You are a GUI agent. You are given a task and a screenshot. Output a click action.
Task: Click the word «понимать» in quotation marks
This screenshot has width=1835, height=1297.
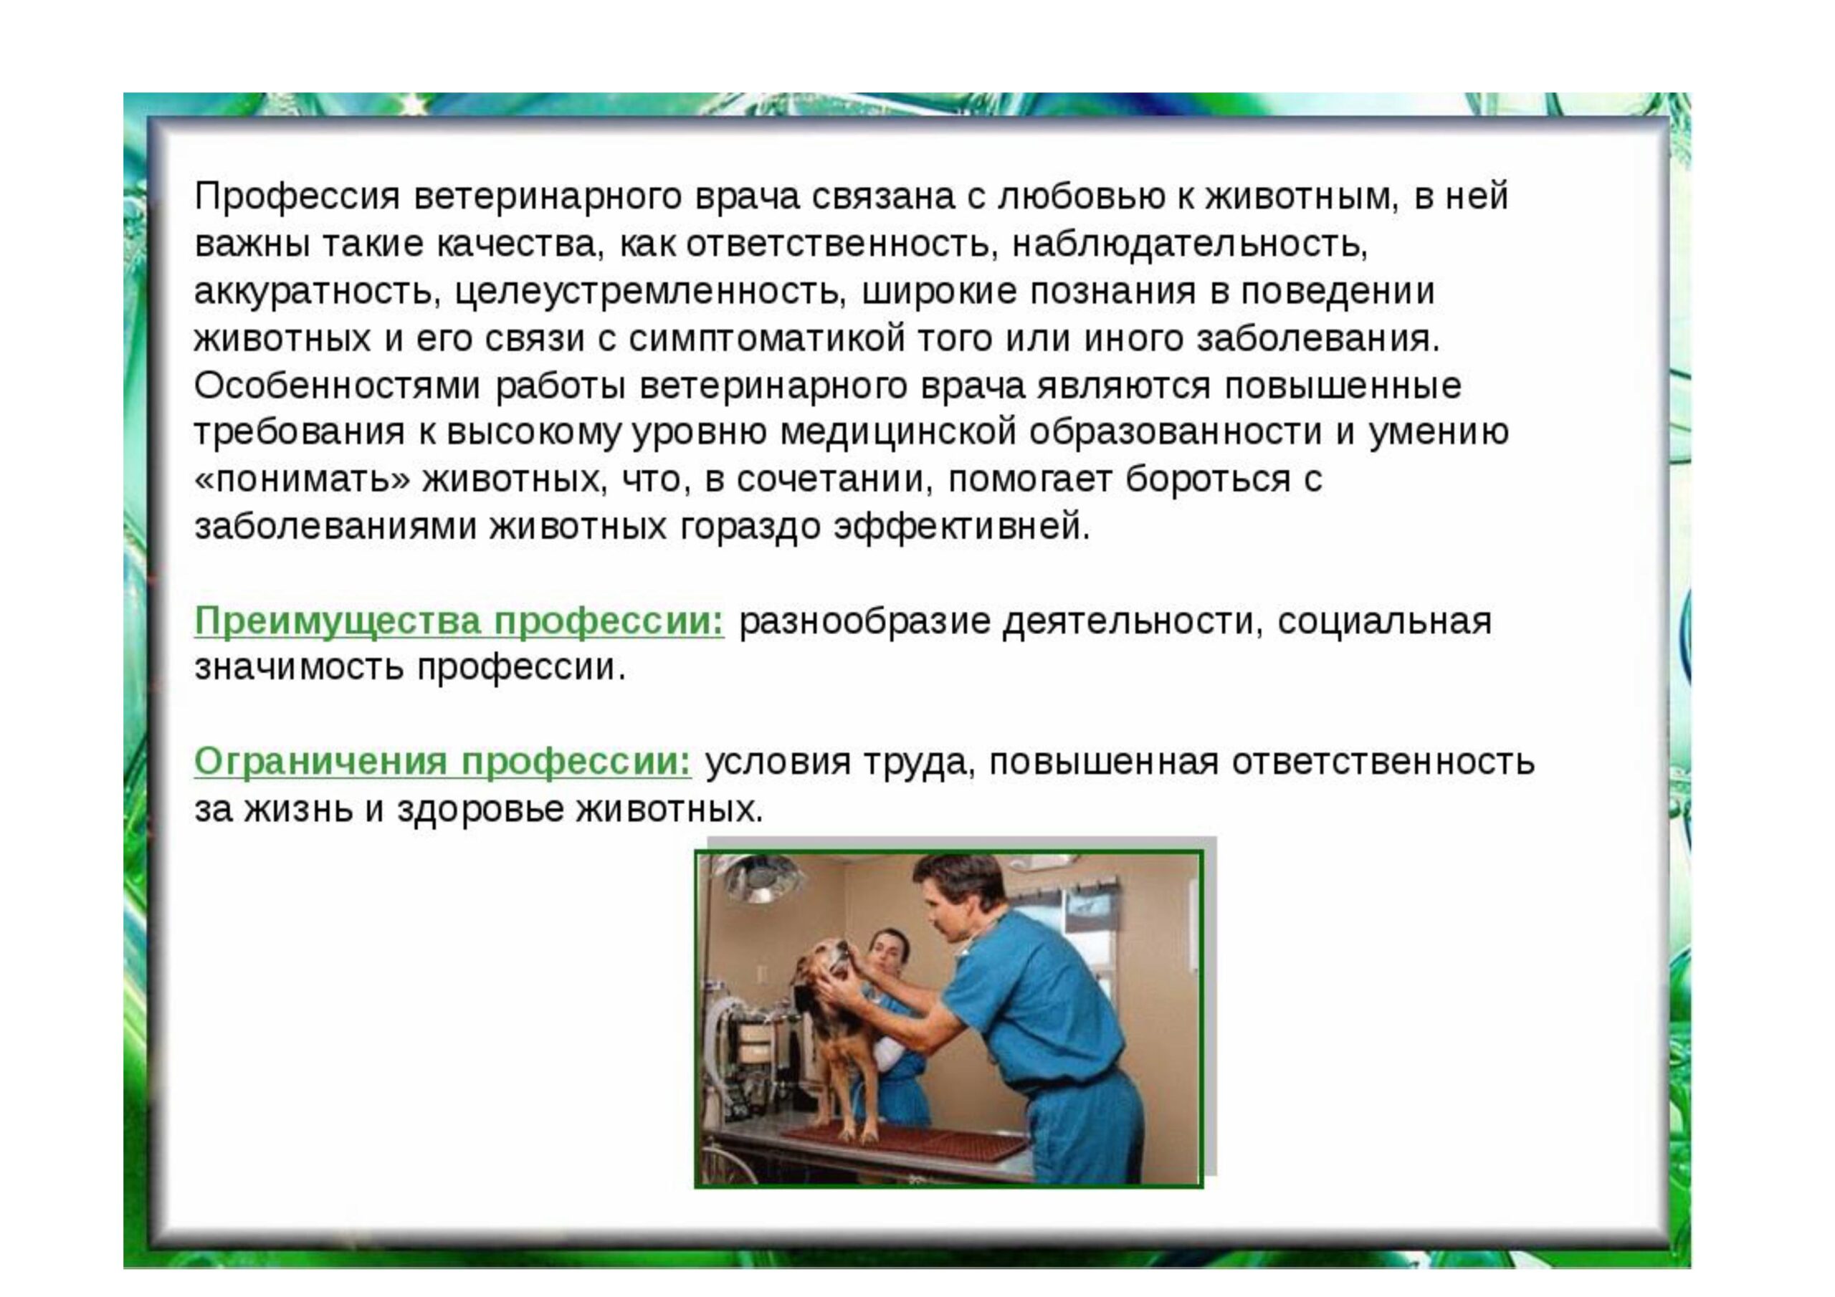(x=303, y=480)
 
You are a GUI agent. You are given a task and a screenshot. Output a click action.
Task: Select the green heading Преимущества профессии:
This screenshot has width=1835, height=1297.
(x=459, y=622)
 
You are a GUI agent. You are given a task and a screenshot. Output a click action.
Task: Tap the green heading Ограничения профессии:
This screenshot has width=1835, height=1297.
(x=443, y=762)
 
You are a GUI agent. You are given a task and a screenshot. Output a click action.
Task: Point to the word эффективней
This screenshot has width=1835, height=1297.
(x=961, y=527)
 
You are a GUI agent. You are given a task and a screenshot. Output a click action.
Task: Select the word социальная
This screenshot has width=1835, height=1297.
(x=1384, y=622)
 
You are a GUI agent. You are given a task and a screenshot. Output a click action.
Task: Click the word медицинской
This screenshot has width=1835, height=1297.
(x=897, y=433)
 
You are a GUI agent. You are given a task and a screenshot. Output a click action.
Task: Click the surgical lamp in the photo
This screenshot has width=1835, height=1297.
(x=752, y=881)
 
